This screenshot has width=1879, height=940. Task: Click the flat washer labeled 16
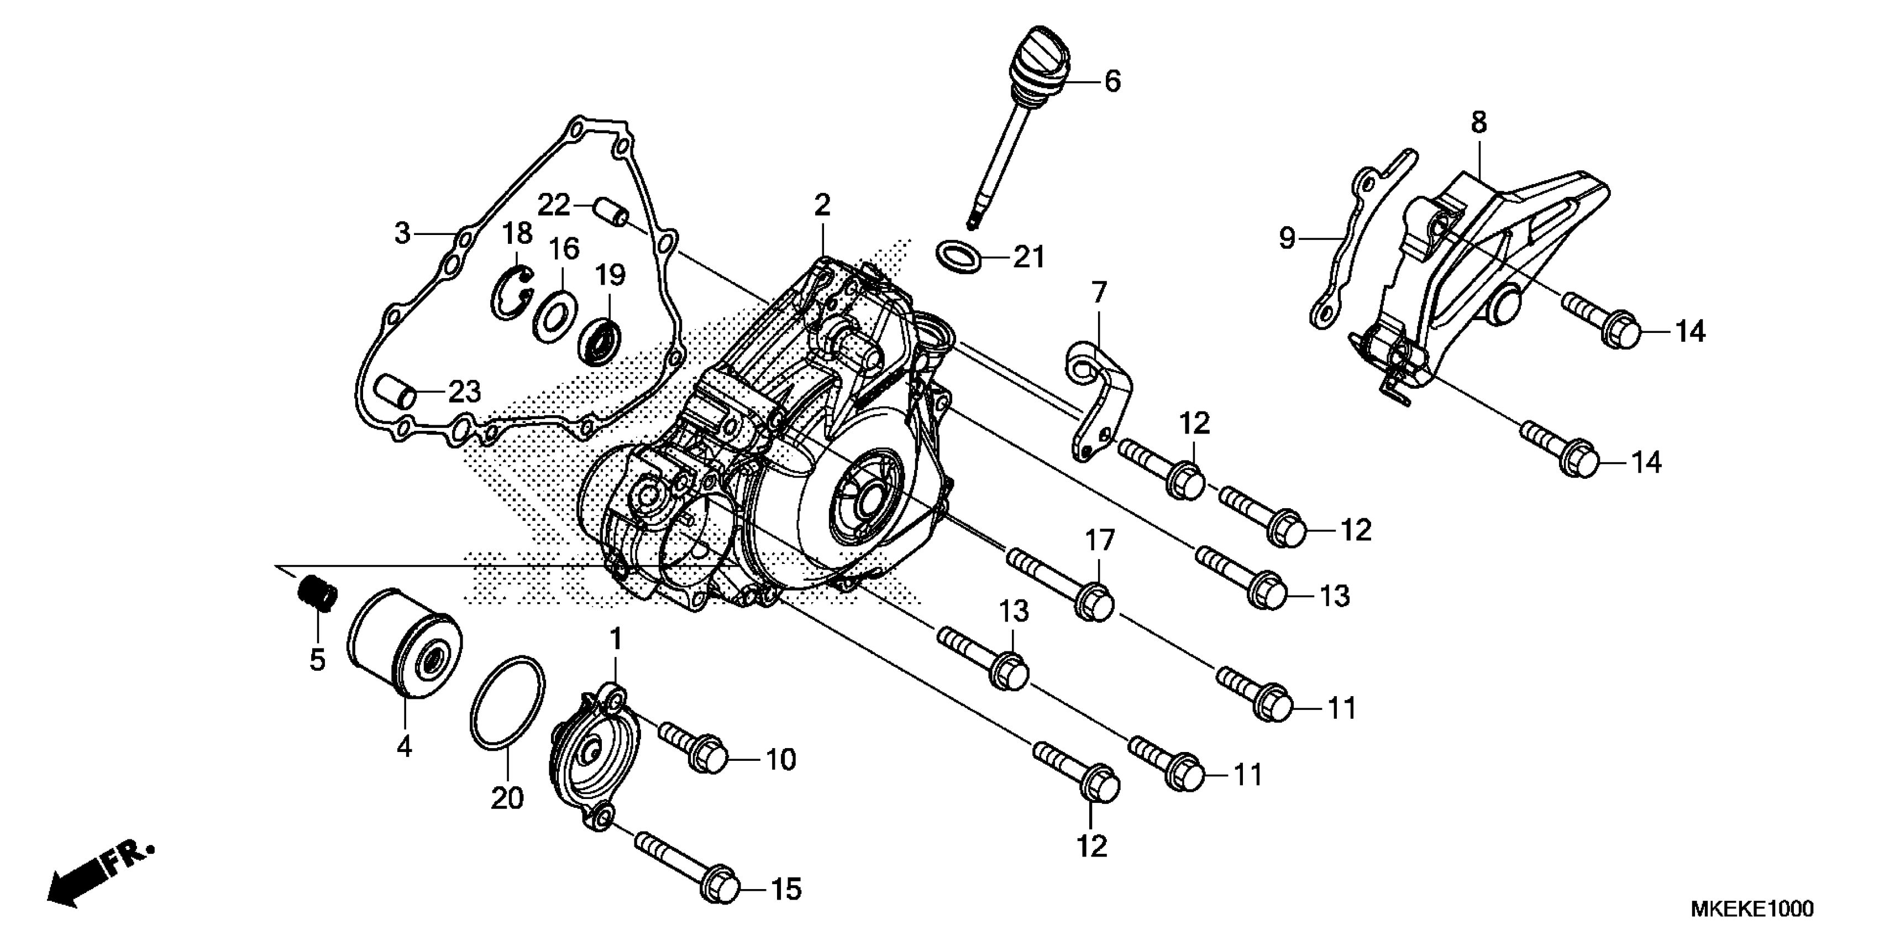555,315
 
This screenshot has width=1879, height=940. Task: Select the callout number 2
822,205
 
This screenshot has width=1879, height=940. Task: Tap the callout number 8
1478,123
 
